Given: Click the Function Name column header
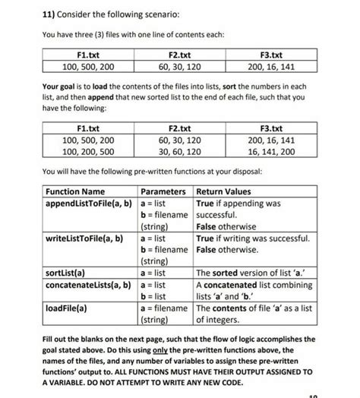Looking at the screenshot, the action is point(75,191).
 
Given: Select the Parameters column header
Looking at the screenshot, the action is point(163,191).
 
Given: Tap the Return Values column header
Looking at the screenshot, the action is point(224,191).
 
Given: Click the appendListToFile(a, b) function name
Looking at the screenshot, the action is point(89,203).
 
